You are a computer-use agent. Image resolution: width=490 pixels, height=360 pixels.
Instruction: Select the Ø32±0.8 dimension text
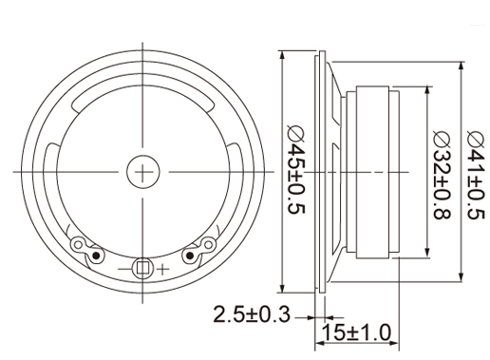(x=442, y=175)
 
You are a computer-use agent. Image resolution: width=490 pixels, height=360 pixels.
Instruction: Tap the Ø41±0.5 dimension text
(x=476, y=175)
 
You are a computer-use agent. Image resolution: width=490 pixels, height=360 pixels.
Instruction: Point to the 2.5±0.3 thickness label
(x=252, y=314)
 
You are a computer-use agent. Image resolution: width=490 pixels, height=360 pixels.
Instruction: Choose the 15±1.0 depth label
(x=356, y=332)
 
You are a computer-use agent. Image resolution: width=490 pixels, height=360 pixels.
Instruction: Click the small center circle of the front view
(x=143, y=172)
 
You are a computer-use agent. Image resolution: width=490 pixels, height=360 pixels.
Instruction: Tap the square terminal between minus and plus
(x=143, y=268)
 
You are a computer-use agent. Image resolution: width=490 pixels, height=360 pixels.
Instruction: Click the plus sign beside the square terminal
(x=162, y=270)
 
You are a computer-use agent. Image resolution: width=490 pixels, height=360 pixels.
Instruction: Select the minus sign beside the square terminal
(x=124, y=269)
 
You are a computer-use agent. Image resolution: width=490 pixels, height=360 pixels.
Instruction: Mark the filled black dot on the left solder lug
(x=97, y=256)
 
